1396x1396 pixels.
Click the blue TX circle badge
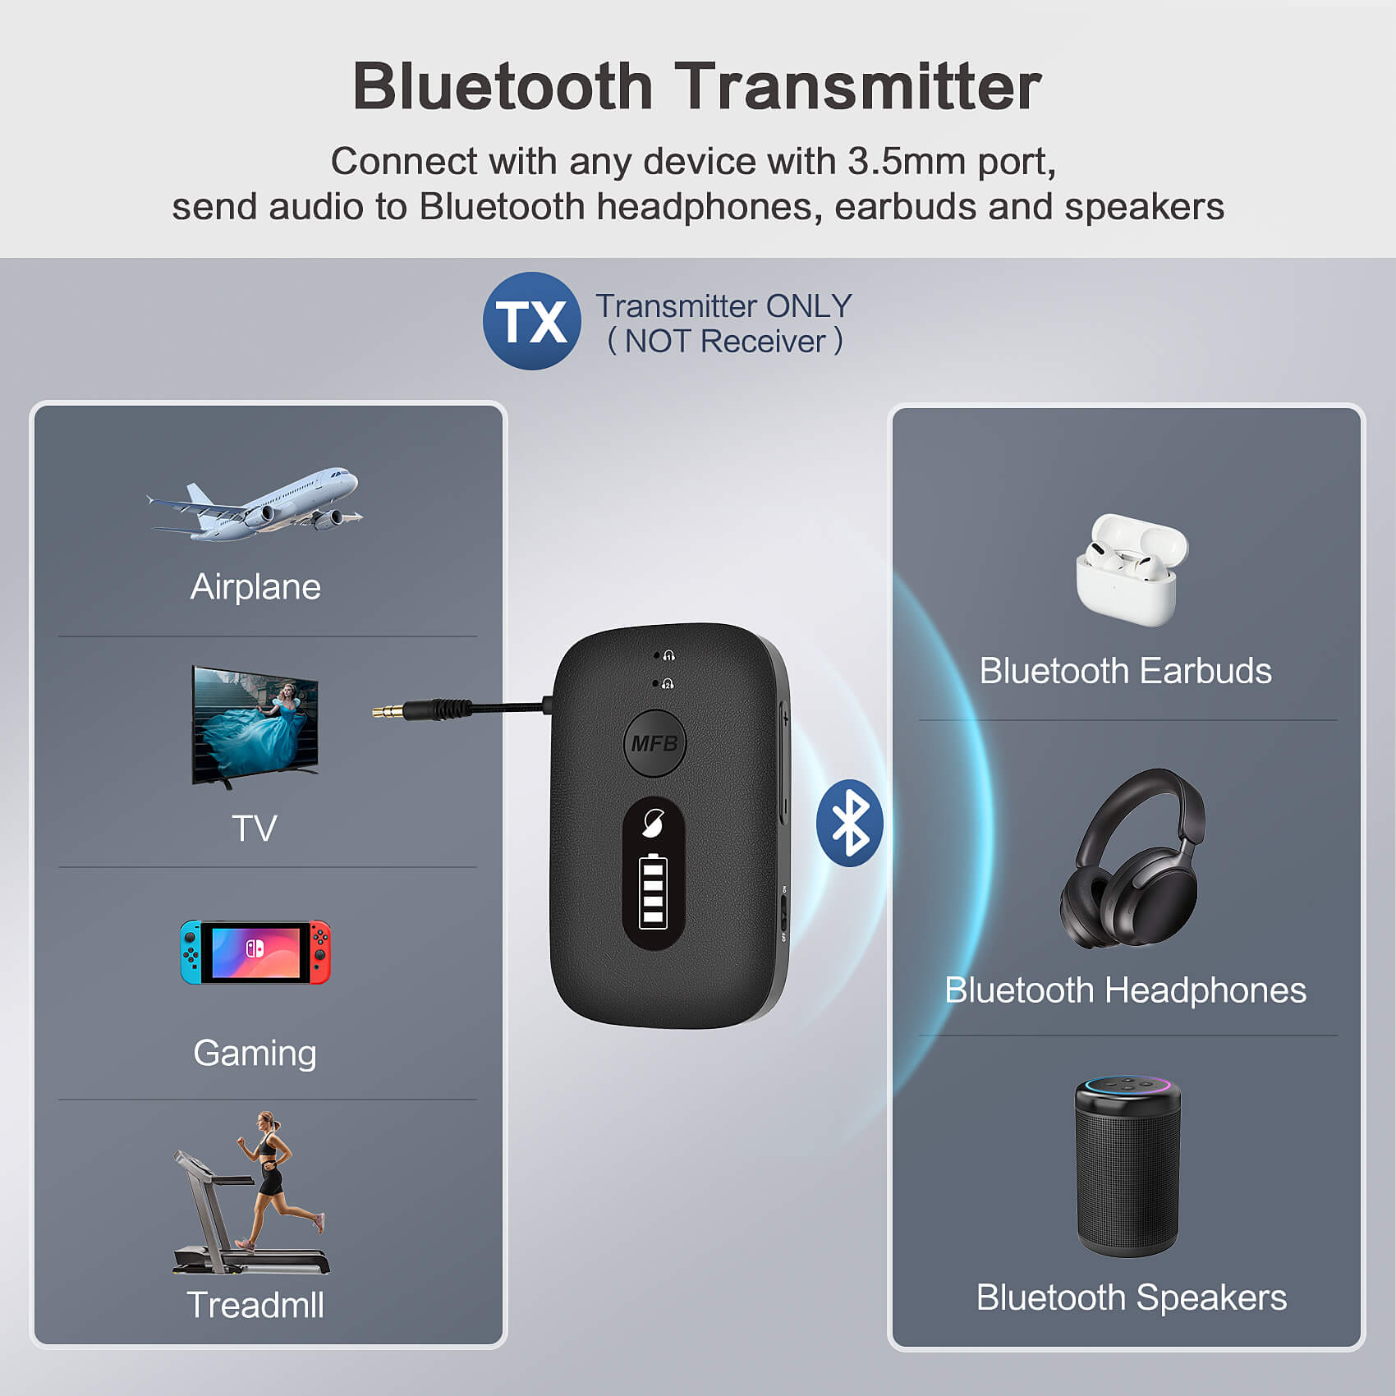[x=531, y=321]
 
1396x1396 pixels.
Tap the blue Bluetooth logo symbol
[x=849, y=823]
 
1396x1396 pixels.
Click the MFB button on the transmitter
[x=654, y=743]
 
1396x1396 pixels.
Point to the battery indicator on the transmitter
[x=653, y=891]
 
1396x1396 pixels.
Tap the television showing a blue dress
[x=255, y=725]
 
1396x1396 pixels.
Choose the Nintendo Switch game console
[x=255, y=952]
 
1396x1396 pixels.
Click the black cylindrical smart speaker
[x=1127, y=1166]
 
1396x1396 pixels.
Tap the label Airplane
[x=255, y=587]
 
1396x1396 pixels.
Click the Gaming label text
[x=255, y=1053]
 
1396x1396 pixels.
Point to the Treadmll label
[x=255, y=1305]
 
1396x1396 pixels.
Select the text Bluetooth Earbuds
[x=1125, y=671]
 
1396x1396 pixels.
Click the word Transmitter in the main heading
[x=858, y=86]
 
